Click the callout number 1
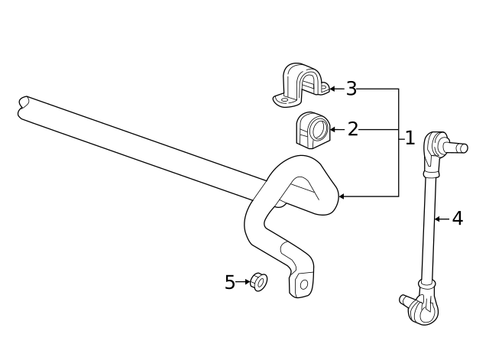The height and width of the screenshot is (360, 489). [x=410, y=138]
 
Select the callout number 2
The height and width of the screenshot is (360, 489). [x=352, y=129]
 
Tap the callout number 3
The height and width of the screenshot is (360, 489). [x=351, y=89]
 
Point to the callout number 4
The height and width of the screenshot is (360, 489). [x=457, y=219]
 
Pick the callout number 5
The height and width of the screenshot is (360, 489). [x=230, y=282]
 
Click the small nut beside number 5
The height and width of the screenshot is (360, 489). [x=259, y=282]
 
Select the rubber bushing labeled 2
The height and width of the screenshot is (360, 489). [x=310, y=129]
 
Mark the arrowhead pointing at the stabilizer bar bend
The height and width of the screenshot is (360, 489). [x=342, y=196]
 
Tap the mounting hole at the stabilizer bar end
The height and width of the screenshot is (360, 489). [x=303, y=284]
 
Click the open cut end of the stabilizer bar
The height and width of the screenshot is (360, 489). [x=24, y=107]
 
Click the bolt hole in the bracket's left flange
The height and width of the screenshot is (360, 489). [x=283, y=99]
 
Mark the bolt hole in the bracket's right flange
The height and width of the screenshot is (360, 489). [x=322, y=89]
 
